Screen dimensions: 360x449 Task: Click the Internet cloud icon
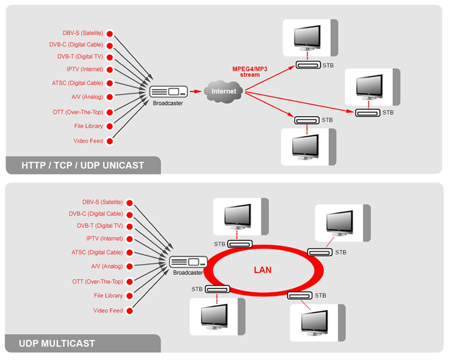click(x=224, y=91)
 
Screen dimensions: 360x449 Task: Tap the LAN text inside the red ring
click(x=262, y=269)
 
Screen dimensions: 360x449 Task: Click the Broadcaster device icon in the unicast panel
click(x=168, y=92)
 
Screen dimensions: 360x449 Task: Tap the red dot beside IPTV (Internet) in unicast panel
click(x=110, y=70)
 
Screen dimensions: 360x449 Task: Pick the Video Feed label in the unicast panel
click(x=88, y=141)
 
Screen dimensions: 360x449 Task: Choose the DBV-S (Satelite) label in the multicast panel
click(x=102, y=202)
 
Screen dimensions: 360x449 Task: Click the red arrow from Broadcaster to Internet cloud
click(x=195, y=92)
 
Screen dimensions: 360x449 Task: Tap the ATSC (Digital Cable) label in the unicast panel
click(x=77, y=83)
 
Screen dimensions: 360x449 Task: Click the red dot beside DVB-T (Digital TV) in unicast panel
click(x=110, y=56)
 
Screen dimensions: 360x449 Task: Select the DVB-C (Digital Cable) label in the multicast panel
click(x=96, y=214)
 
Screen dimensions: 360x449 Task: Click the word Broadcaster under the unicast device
click(x=168, y=104)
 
